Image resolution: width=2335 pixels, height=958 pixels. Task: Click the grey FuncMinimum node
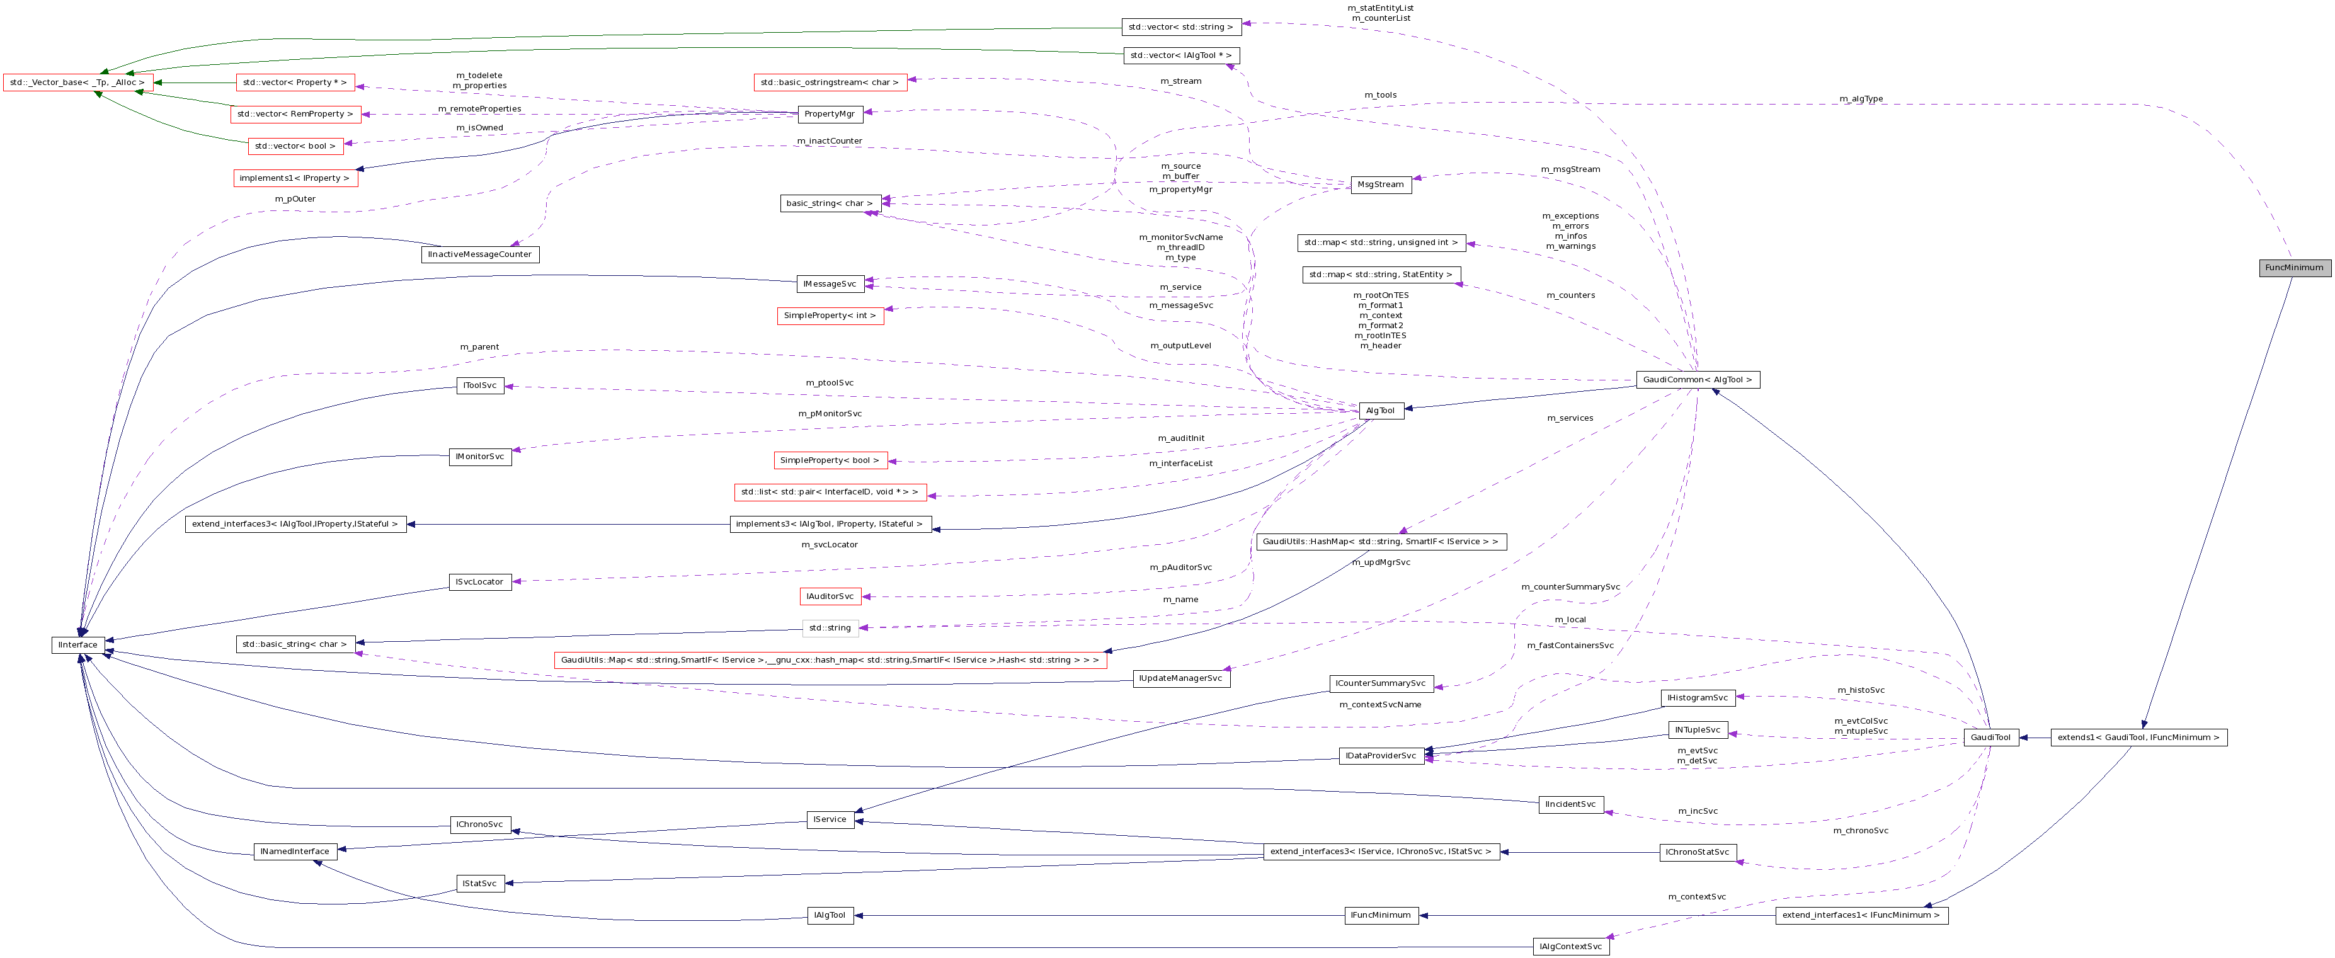pos(2294,267)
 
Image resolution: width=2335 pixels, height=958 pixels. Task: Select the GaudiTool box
pos(1990,738)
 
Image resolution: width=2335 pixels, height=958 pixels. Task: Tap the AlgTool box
pos(1381,411)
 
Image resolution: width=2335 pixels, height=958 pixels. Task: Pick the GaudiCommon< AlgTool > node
pos(1698,380)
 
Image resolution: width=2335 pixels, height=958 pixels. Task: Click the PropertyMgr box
pos(830,114)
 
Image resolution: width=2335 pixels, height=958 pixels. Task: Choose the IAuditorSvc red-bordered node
pos(830,596)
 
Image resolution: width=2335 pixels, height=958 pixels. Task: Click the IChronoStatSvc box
pos(1698,853)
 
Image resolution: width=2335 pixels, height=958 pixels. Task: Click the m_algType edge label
pos(1861,99)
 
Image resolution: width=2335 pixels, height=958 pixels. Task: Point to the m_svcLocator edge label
pos(830,545)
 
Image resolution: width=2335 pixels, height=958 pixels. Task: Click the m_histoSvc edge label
pos(1861,691)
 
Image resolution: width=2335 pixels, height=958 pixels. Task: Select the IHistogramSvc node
pos(1698,698)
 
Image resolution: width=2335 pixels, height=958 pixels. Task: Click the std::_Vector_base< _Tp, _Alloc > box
pos(78,83)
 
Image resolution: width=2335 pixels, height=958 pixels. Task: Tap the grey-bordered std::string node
pos(830,628)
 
